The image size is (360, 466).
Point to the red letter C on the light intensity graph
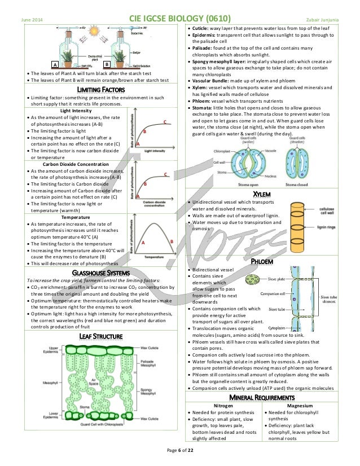coord(165,122)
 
